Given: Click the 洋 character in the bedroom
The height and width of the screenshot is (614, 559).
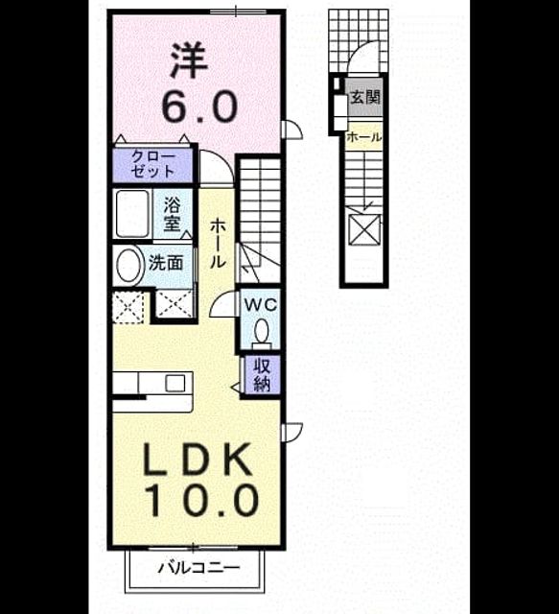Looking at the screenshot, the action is tap(189, 60).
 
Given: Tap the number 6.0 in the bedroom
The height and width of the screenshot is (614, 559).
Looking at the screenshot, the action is tap(199, 106).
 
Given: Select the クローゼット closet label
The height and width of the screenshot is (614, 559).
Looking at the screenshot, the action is tap(152, 164).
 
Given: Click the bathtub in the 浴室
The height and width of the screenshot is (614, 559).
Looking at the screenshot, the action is tap(132, 213).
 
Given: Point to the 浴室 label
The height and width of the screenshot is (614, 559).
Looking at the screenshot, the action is tap(173, 214).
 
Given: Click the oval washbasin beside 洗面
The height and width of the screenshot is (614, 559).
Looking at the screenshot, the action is tap(129, 264).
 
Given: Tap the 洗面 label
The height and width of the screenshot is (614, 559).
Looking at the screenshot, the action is tap(166, 263).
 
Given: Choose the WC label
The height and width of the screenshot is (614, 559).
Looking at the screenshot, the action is tap(261, 305).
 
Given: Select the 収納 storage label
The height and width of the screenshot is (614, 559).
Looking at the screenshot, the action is tap(262, 375).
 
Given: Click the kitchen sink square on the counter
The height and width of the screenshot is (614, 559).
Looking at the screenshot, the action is tap(175, 383).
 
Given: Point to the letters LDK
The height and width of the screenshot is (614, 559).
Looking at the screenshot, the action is tap(198, 459).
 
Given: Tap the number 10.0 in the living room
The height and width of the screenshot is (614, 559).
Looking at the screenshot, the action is tap(202, 500).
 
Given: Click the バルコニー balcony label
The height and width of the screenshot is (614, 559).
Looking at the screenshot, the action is tap(198, 568).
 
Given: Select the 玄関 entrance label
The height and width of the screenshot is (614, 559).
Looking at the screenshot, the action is tap(365, 97).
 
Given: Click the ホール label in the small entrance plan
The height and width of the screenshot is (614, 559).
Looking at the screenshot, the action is tap(363, 137).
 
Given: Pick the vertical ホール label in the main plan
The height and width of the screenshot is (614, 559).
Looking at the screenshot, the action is tap(218, 243).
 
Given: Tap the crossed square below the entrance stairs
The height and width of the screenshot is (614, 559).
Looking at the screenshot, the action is tap(363, 229).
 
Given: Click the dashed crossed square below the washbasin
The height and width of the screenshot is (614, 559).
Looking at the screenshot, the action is tap(128, 307).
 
